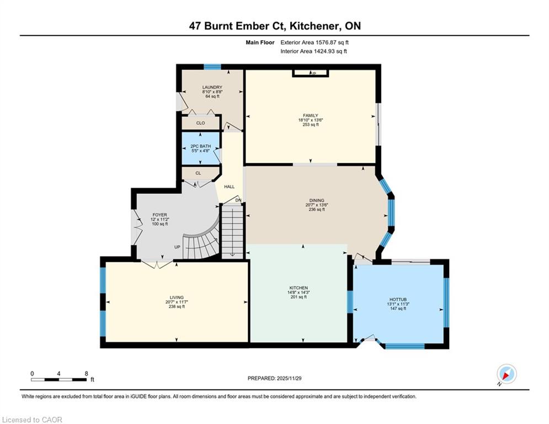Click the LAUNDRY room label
[x=212, y=87]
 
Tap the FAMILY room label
[x=310, y=115]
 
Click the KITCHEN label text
[x=298, y=288]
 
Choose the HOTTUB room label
[x=397, y=299]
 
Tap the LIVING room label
[x=177, y=297]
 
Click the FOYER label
[x=159, y=215]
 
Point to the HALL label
[x=229, y=187]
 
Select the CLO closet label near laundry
[x=200, y=123]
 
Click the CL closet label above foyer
[x=198, y=173]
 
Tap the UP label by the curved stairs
[x=177, y=247]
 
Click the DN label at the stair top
[x=238, y=200]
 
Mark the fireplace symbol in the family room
[x=311, y=72]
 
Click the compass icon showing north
[x=506, y=374]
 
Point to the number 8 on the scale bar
[x=86, y=373]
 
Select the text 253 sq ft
[x=310, y=125]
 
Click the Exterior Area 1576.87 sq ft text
[x=315, y=42]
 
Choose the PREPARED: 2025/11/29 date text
[x=274, y=378]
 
